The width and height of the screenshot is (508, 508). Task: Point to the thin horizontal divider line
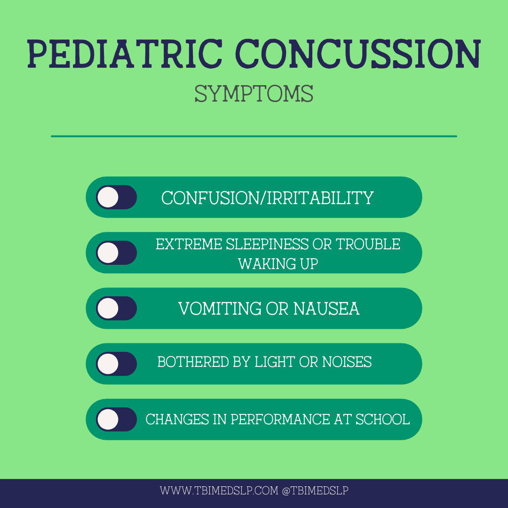tap(254, 136)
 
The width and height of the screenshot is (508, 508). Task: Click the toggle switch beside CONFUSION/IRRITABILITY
tap(116, 197)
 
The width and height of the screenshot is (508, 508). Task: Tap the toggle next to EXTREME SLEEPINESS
tap(116, 253)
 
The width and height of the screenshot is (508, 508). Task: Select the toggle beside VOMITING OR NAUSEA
tap(116, 308)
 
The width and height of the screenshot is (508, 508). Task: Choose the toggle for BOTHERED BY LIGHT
tap(116, 364)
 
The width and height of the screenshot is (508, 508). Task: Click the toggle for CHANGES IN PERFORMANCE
tap(116, 419)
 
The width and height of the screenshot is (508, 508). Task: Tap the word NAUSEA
tap(326, 309)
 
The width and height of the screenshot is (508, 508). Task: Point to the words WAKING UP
tap(278, 264)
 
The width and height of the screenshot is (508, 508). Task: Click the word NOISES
tap(347, 362)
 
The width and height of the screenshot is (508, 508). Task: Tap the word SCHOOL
tap(382, 419)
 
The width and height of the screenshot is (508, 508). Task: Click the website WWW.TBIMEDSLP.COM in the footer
tap(219, 491)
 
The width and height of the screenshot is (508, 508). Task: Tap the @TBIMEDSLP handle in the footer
tap(315, 491)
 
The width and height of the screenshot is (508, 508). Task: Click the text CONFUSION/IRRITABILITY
tap(268, 198)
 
